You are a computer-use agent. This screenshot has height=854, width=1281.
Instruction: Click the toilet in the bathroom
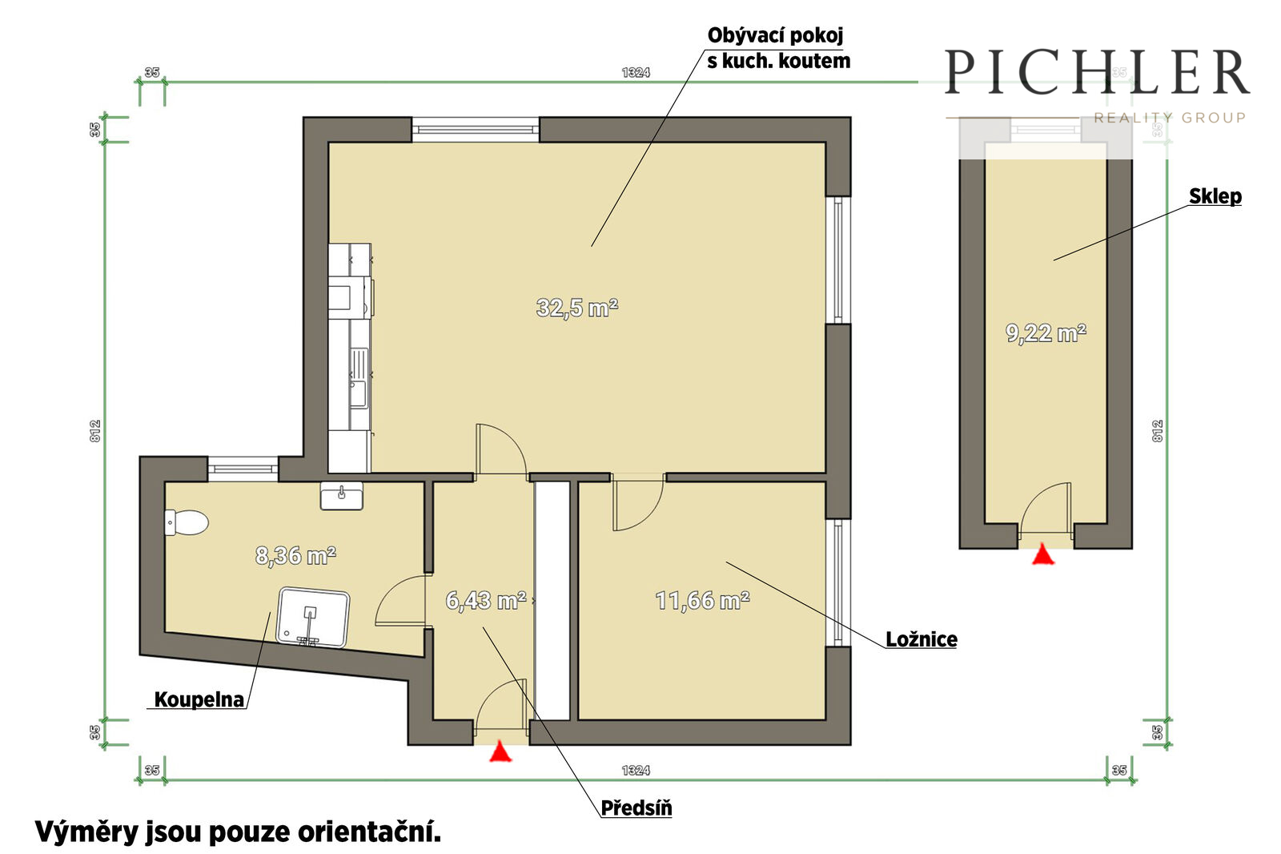(x=186, y=522)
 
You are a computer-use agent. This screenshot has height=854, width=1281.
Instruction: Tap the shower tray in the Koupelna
(x=313, y=618)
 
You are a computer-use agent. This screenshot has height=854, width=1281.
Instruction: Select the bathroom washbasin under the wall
(x=341, y=495)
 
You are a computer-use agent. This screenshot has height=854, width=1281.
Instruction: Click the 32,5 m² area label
(x=577, y=308)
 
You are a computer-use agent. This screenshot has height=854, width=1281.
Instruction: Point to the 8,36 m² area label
(x=295, y=555)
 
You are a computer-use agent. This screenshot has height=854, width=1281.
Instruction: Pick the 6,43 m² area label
(x=485, y=600)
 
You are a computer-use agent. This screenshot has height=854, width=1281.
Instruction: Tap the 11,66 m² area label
(x=702, y=600)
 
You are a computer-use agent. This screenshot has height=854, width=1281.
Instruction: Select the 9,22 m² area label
(x=1046, y=332)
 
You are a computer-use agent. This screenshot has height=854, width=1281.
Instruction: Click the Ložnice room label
(x=922, y=639)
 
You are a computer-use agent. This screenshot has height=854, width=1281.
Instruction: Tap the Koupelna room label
(x=199, y=699)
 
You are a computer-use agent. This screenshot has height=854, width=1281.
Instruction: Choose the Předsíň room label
(x=636, y=808)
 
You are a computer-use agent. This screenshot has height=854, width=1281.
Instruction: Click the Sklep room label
(x=1215, y=195)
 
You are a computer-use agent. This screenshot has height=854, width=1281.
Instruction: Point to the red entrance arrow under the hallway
(x=500, y=751)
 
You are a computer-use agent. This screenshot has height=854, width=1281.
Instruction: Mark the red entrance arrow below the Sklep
(x=1043, y=554)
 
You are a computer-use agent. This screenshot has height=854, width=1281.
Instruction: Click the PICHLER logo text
(x=1096, y=72)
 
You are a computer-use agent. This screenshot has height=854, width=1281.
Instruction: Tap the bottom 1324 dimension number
(x=636, y=770)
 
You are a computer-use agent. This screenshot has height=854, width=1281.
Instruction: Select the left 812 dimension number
(x=95, y=430)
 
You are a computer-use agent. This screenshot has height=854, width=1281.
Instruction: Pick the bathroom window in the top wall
(x=243, y=469)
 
